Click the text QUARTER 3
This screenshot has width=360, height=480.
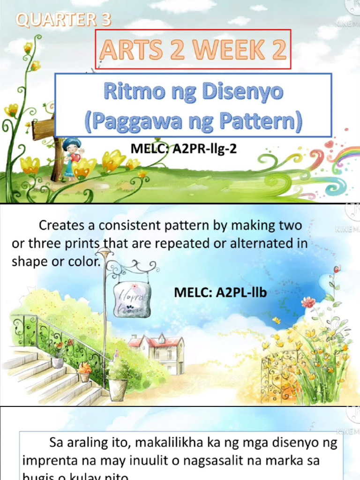64,19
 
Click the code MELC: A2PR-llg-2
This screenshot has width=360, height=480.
187,149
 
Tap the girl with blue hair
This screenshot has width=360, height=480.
71,157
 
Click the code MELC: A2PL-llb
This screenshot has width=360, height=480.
220,293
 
